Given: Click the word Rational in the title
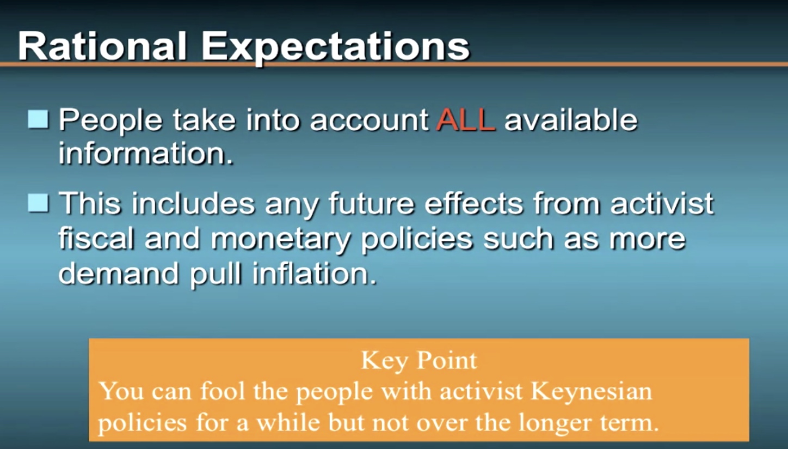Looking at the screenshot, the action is click(102, 46).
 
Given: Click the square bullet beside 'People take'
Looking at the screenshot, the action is click(38, 119).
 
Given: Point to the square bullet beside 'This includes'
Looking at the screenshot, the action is click(38, 203).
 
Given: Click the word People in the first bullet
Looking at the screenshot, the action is click(110, 121).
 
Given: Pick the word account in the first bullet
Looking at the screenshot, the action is click(370, 121).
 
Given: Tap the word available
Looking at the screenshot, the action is click(571, 120).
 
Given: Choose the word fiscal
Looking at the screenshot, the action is click(96, 238).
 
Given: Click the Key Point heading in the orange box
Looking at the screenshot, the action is click(419, 361).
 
